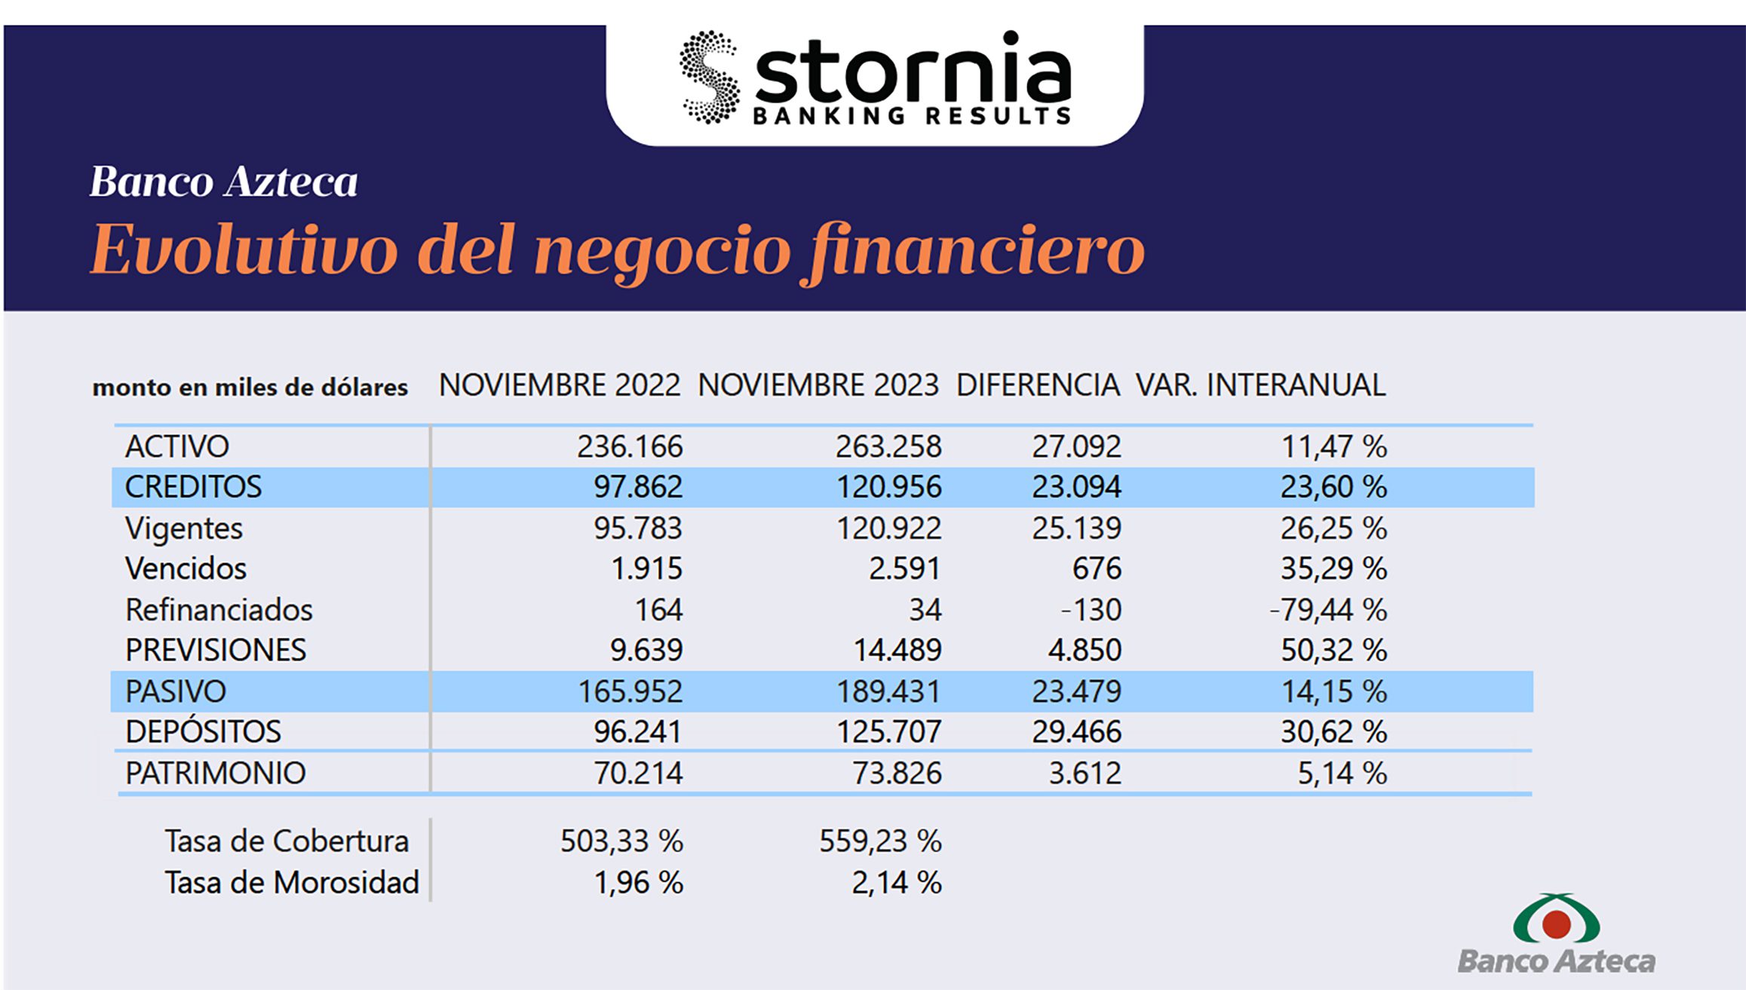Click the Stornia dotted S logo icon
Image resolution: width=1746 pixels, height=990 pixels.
pyautogui.click(x=708, y=78)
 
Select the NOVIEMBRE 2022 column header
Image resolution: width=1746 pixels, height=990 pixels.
pyautogui.click(x=560, y=385)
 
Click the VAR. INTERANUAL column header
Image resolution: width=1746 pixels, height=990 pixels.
pyautogui.click(x=1260, y=385)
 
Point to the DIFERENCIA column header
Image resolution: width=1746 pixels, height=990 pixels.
pyautogui.click(x=1038, y=385)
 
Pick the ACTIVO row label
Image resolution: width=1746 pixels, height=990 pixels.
pyautogui.click(x=177, y=446)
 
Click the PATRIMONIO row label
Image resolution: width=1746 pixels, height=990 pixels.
pyautogui.click(x=216, y=773)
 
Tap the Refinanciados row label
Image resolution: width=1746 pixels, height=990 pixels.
pyautogui.click(x=219, y=609)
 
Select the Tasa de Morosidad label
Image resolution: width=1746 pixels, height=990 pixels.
pyautogui.click(x=292, y=882)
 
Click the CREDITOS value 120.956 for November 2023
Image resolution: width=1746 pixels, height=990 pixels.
pyautogui.click(x=888, y=487)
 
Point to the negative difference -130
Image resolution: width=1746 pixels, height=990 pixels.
pyautogui.click(x=1091, y=609)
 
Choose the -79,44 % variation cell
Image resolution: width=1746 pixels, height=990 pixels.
pyautogui.click(x=1328, y=609)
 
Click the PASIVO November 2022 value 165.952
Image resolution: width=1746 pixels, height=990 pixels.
pyautogui.click(x=630, y=691)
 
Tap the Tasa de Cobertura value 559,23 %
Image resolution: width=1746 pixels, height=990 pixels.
pyautogui.click(x=880, y=841)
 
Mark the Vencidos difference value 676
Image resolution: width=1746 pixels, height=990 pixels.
pyautogui.click(x=1097, y=569)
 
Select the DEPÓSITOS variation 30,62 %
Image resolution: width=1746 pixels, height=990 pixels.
pyautogui.click(x=1333, y=732)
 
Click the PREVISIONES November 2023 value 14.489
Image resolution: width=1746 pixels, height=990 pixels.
pyautogui.click(x=897, y=650)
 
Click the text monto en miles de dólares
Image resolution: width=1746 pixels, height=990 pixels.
pyautogui.click(x=250, y=388)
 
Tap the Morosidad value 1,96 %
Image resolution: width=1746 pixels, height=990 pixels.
pyautogui.click(x=639, y=882)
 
